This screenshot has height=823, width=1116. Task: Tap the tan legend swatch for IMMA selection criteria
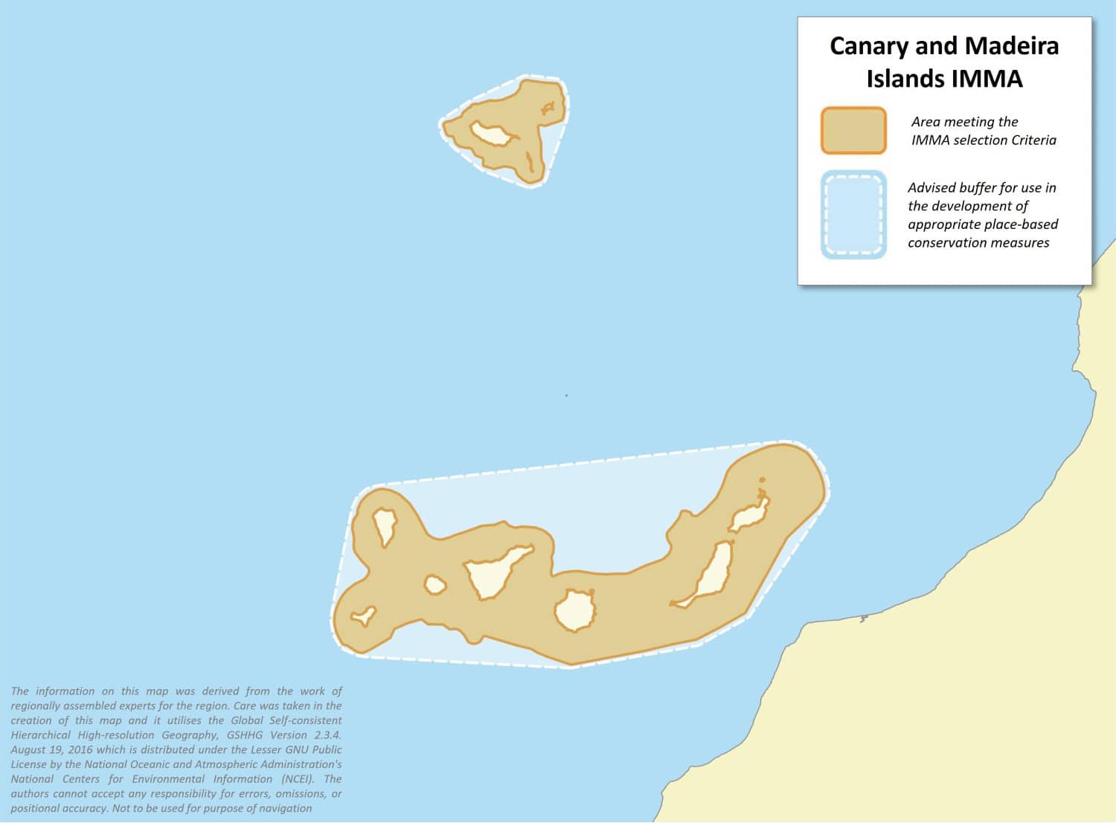(853, 131)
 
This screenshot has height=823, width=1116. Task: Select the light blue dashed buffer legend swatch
(853, 215)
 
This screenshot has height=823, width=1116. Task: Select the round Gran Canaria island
(575, 611)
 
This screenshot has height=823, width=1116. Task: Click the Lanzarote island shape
(749, 514)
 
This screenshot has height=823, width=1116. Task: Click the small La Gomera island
(434, 586)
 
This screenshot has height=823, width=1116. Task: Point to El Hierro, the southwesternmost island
(365, 616)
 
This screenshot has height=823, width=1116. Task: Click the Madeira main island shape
(491, 135)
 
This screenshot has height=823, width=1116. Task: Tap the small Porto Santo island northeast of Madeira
(548, 109)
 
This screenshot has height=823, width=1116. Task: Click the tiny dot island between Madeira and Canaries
(566, 396)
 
